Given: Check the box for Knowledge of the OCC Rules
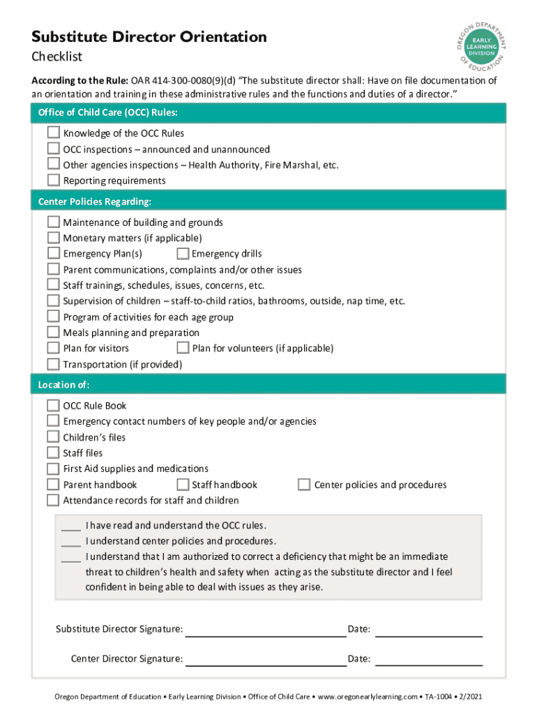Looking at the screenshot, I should tap(53, 132).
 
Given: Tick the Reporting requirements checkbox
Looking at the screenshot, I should tap(53, 180).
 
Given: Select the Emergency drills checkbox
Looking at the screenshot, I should tap(183, 253).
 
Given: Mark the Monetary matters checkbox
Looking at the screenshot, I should tap(53, 238).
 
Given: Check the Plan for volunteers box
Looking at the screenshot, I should tap(183, 347).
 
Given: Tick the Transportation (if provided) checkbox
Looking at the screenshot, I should tap(53, 364).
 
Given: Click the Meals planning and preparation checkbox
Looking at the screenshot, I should tap(53, 332).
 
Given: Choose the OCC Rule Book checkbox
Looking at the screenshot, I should tap(53, 405).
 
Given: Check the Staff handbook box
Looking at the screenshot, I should tap(183, 484).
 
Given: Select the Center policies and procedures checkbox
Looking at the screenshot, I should tap(304, 484).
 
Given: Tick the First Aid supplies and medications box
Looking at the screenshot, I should tap(53, 469).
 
